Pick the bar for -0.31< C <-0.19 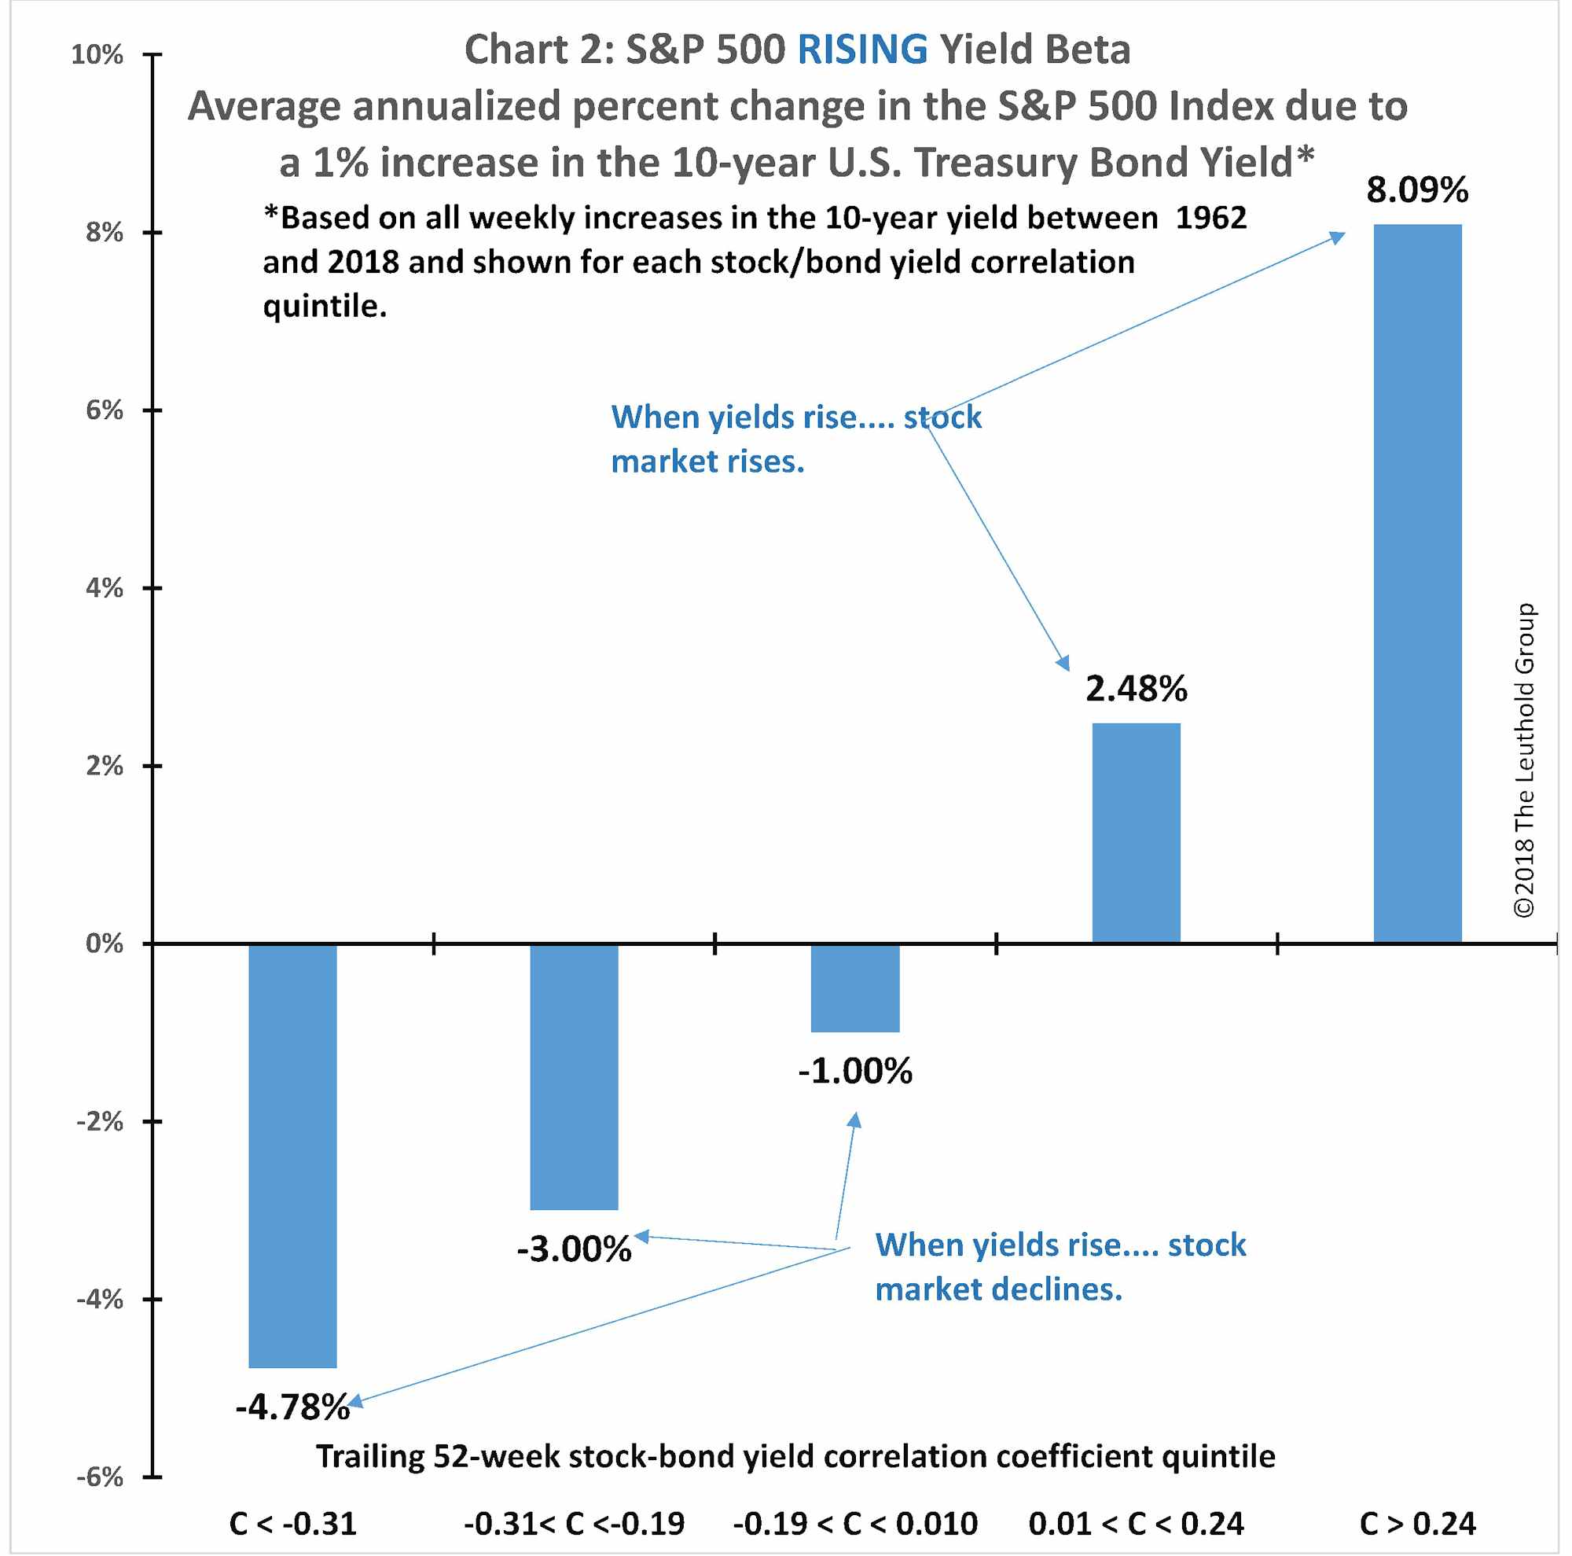click(574, 1076)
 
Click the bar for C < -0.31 click(292, 1156)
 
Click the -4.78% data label click(292, 1407)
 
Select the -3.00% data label click(574, 1249)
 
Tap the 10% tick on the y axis click(97, 55)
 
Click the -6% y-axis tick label click(99, 1477)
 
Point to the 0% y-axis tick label click(105, 944)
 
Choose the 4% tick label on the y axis click(105, 587)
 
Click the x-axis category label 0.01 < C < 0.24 click(1136, 1524)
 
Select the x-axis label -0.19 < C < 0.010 click(855, 1524)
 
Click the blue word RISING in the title click(861, 50)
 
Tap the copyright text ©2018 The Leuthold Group click(1523, 760)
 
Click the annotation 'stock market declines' click(1060, 1267)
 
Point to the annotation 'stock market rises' click(795, 440)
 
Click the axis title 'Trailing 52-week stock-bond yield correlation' click(795, 1456)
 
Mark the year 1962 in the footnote click(1210, 218)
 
